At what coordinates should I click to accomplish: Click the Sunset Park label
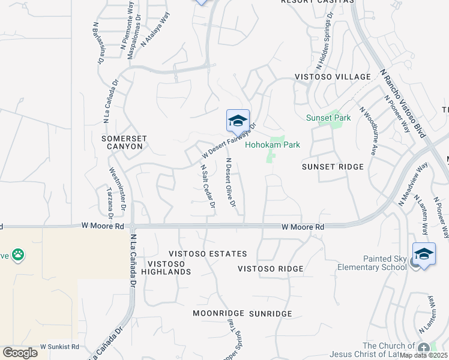pos(328,118)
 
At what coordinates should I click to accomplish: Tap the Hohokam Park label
pos(273,145)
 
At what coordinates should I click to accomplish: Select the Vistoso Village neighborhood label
pos(333,77)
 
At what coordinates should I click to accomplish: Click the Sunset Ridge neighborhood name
pos(333,166)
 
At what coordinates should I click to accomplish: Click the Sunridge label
pos(270,313)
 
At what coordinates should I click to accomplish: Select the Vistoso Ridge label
pos(270,268)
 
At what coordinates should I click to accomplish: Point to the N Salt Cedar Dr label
pos(208,186)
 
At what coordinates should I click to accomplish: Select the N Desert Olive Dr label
pos(231,182)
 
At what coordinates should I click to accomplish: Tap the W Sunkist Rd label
pos(59,347)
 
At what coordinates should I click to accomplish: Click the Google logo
pos(20,352)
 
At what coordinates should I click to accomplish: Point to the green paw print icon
pos(19,254)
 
